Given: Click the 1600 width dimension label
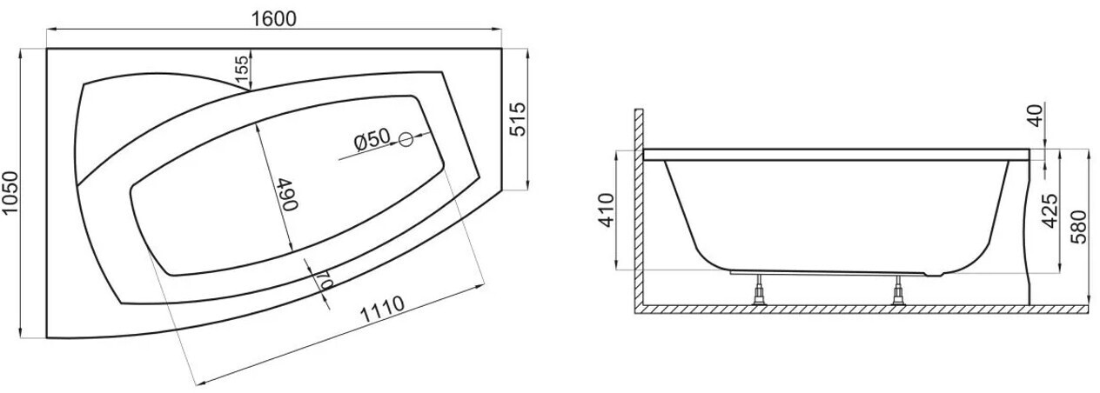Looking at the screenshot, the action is click(x=274, y=18).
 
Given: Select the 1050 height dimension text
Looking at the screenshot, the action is click(x=10, y=193).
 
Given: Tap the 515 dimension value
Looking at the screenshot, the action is click(x=517, y=119).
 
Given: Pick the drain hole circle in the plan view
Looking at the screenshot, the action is click(x=406, y=140).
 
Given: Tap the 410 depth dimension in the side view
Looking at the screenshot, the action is click(x=607, y=210).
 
